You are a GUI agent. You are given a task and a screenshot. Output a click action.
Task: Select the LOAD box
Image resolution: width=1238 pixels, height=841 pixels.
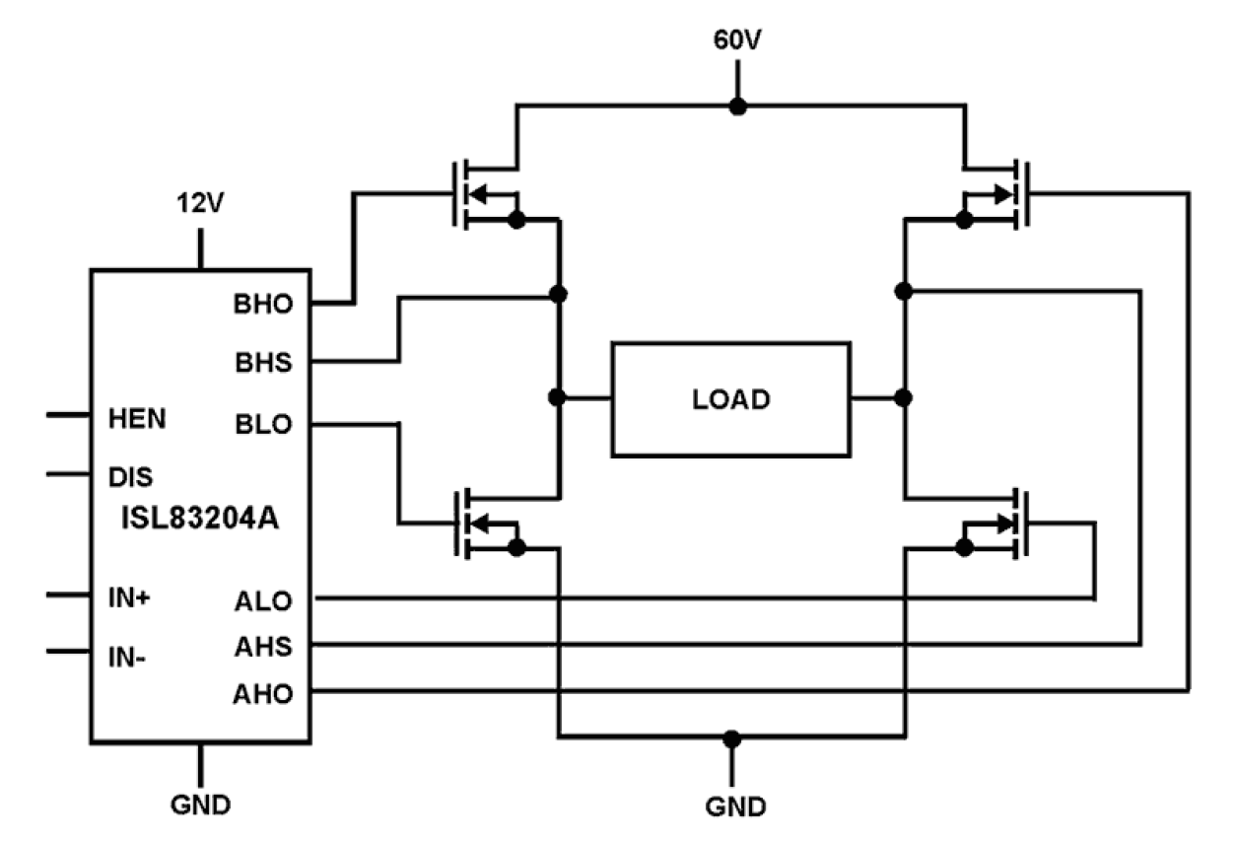pos(730,398)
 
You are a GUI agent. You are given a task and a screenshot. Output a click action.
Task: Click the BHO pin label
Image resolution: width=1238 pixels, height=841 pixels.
pos(263,304)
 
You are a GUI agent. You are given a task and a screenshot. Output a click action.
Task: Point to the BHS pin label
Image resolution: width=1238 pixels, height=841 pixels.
pos(263,364)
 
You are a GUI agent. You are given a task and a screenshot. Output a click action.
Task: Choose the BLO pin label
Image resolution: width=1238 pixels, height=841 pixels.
pos(263,426)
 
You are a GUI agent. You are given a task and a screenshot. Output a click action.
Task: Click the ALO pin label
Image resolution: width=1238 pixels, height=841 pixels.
pos(263,600)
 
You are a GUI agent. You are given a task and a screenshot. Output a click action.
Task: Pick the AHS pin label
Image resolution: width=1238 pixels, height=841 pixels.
pos(263,648)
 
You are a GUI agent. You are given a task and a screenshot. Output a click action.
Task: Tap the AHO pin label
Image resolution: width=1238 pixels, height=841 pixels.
pos(263,694)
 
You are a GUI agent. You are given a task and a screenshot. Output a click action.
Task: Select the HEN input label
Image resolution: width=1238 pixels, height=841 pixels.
pos(136,417)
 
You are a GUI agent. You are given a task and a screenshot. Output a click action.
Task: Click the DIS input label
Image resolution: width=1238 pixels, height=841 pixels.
pos(129,478)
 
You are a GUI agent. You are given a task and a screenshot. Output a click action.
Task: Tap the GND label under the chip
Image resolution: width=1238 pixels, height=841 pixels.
pos(201,805)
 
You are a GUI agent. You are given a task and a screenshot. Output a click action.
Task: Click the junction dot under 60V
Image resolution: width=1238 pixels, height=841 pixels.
pos(735,105)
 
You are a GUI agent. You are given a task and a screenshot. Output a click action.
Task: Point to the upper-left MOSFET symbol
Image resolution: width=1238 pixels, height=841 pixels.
pos(483,194)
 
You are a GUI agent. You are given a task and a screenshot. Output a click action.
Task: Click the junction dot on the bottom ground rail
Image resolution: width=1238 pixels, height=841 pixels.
pos(731,737)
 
